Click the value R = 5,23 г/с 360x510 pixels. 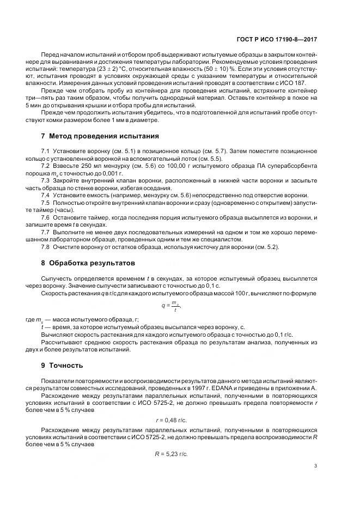(x=171, y=453)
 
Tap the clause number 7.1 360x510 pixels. (x=46, y=150)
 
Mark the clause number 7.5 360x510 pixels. (x=46, y=203)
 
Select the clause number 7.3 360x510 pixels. (x=46, y=179)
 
